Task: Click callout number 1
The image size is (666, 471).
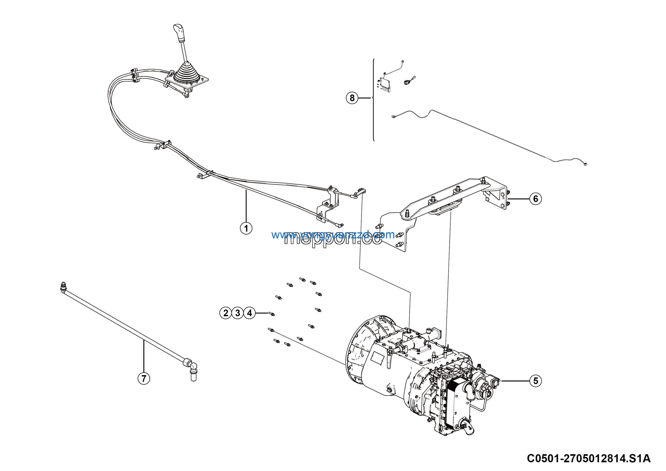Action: click(246, 228)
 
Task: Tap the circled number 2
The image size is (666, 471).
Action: click(225, 313)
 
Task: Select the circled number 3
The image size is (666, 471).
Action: click(238, 313)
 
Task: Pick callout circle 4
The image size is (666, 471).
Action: click(249, 313)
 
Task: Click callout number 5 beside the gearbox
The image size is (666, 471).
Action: click(535, 381)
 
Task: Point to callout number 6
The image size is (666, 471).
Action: click(535, 199)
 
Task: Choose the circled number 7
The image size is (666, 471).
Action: click(144, 378)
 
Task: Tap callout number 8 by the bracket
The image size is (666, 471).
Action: click(352, 98)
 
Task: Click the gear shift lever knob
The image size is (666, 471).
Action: click(179, 32)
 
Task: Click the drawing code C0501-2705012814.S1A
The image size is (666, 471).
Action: click(588, 458)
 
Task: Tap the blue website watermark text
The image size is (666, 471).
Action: click(333, 235)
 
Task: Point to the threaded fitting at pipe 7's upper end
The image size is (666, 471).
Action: click(63, 287)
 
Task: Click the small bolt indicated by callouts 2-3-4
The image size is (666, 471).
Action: click(272, 314)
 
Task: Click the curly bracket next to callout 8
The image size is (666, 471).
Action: click(373, 99)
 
